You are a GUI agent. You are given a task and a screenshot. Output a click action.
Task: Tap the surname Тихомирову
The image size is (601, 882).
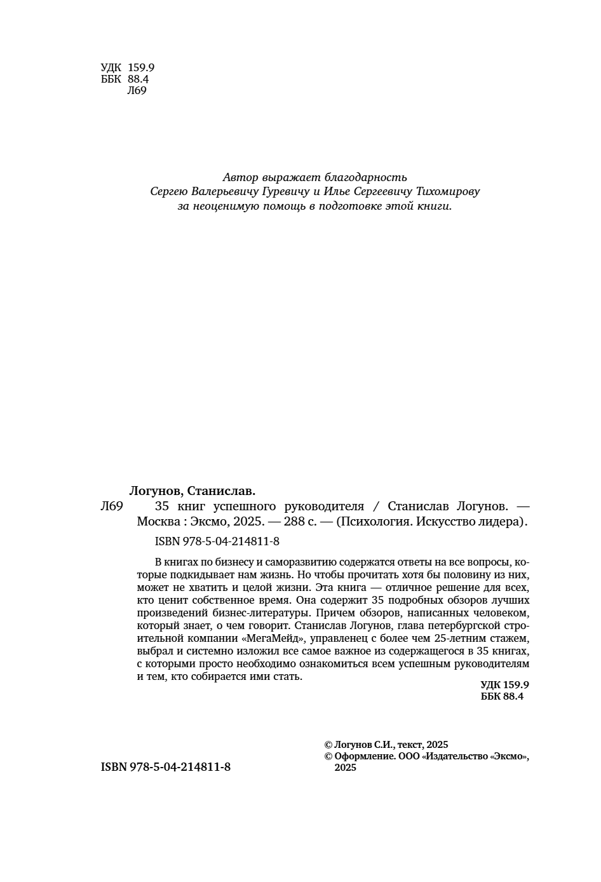[x=447, y=191]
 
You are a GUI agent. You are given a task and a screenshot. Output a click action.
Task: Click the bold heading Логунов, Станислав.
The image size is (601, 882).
[x=192, y=491]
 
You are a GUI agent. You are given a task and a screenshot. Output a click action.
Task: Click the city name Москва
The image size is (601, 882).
[x=157, y=522]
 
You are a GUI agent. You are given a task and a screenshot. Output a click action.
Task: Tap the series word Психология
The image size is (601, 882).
[x=373, y=522]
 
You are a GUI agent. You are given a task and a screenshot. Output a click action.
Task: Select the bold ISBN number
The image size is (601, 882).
[x=165, y=767]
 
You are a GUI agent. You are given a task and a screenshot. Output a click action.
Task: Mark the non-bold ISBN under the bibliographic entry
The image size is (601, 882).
[x=217, y=542]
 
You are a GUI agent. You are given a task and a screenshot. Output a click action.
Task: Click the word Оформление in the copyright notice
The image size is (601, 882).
[x=364, y=756]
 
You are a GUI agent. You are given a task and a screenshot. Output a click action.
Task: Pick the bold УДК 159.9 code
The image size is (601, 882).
[x=504, y=685]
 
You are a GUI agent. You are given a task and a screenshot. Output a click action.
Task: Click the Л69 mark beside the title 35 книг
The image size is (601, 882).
[x=112, y=506]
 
